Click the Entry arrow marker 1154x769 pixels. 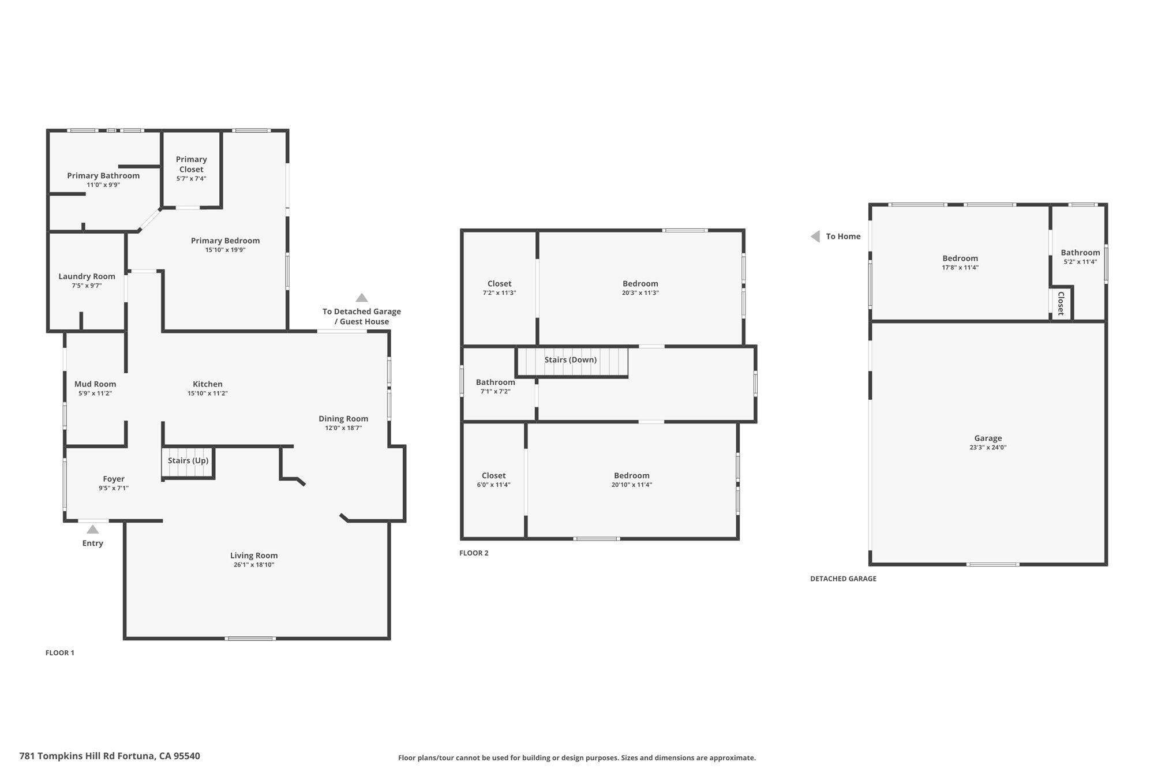click(x=92, y=529)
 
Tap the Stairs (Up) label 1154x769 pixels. click(x=188, y=460)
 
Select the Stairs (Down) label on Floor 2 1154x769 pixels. click(x=571, y=359)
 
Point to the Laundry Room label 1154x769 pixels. click(x=87, y=276)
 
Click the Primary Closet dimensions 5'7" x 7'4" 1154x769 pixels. click(x=191, y=179)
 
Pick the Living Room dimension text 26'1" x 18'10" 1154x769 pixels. click(x=254, y=565)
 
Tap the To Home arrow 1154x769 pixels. click(x=815, y=237)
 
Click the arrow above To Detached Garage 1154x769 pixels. click(x=362, y=298)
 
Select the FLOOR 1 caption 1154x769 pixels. click(x=60, y=653)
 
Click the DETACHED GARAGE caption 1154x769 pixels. click(x=843, y=579)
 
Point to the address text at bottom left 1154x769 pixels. click(x=110, y=756)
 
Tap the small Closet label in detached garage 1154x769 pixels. click(x=1061, y=303)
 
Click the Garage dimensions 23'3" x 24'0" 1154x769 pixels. click(x=988, y=448)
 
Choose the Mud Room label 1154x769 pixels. click(x=95, y=384)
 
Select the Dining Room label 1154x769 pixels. click(x=343, y=419)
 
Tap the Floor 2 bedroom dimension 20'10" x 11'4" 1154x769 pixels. click(x=632, y=485)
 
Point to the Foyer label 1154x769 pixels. click(x=114, y=479)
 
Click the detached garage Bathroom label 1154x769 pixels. click(x=1080, y=253)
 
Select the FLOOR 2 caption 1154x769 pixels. click(x=474, y=553)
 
